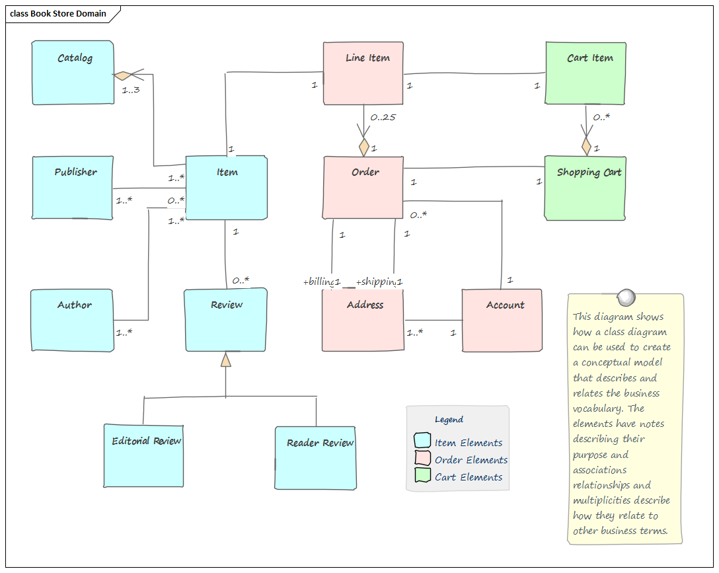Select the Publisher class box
73,188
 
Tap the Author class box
72,321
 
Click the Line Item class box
363,73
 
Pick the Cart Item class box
586,73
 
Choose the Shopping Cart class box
585,188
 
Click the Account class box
502,321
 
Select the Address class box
363,321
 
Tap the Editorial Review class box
143,456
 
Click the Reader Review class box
315,458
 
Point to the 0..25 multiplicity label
383,117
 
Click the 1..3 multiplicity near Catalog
131,90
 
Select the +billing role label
319,282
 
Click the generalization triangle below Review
226,360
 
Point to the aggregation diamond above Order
363,146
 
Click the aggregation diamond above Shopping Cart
586,146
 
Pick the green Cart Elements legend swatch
422,476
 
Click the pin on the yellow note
624,295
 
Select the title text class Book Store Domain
58,14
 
